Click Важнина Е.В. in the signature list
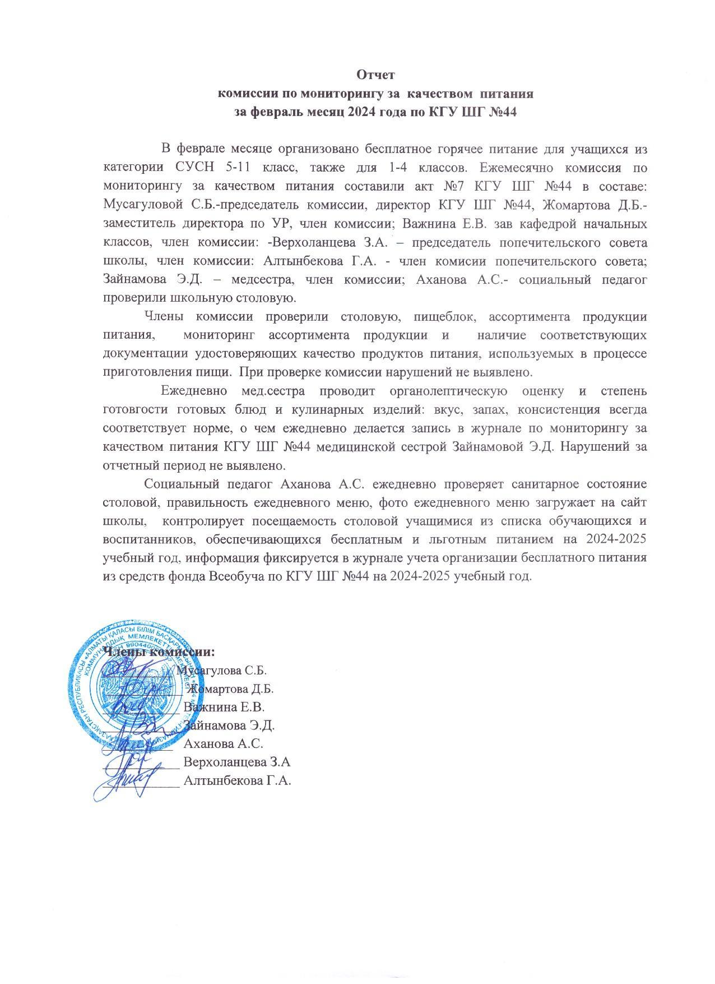(x=224, y=707)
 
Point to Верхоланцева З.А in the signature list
(x=236, y=763)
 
